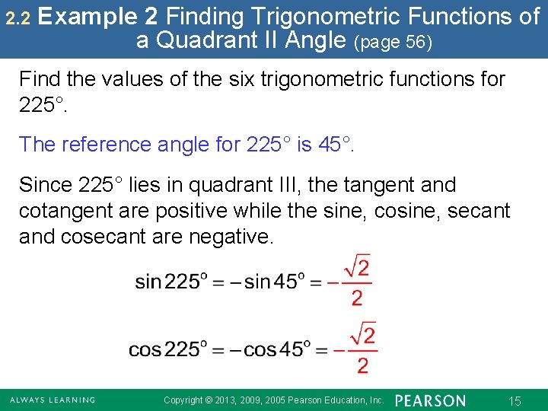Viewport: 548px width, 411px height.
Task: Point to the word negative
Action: (228, 237)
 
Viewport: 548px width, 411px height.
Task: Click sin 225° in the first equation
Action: (170, 282)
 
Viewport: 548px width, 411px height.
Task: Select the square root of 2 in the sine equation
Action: (356, 267)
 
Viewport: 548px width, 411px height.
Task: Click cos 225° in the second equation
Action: (166, 350)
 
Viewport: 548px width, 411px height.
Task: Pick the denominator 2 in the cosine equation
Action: (362, 366)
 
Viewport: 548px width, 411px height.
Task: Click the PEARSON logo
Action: (431, 400)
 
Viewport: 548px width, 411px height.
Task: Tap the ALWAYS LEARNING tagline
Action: (52, 400)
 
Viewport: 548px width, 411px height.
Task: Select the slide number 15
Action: (515, 400)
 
